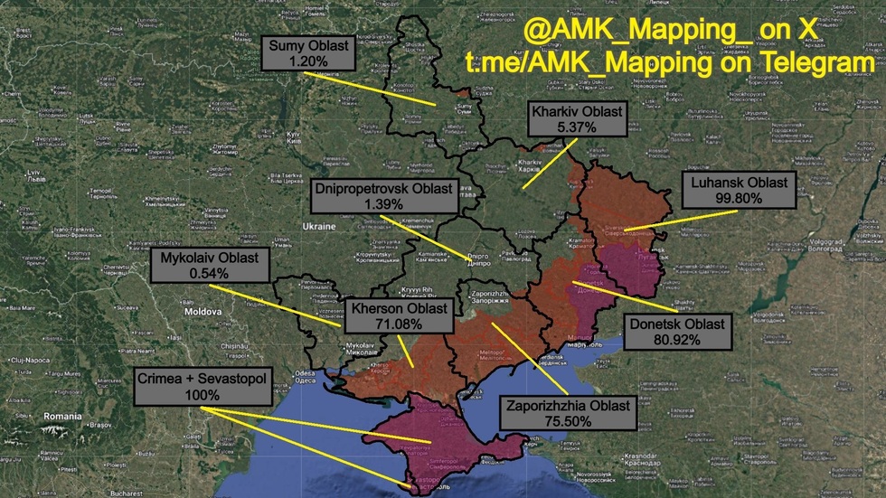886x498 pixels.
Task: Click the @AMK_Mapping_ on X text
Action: coord(670,31)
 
